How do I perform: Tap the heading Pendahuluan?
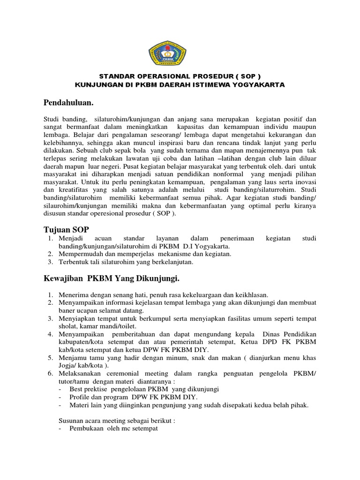click(x=69, y=102)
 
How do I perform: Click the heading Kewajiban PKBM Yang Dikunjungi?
click(x=112, y=279)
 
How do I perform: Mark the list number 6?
click(x=50, y=374)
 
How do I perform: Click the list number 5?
click(x=50, y=358)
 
